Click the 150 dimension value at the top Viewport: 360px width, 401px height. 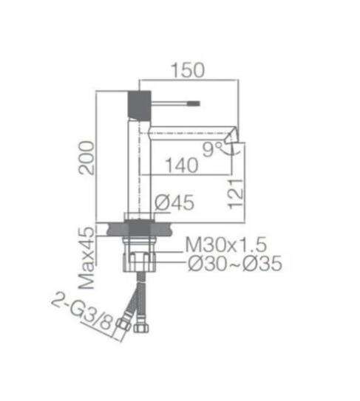point(188,70)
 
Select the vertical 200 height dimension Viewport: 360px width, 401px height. point(86,158)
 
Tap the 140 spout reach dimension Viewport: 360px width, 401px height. point(182,165)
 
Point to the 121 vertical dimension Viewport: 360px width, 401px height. point(235,194)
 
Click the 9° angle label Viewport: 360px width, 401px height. point(212,149)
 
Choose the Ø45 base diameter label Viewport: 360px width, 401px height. point(174,202)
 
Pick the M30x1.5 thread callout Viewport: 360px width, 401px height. point(226,244)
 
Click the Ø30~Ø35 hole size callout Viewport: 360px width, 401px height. point(235,263)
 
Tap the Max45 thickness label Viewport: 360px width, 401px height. point(86,258)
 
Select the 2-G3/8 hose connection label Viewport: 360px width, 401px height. point(83,313)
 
